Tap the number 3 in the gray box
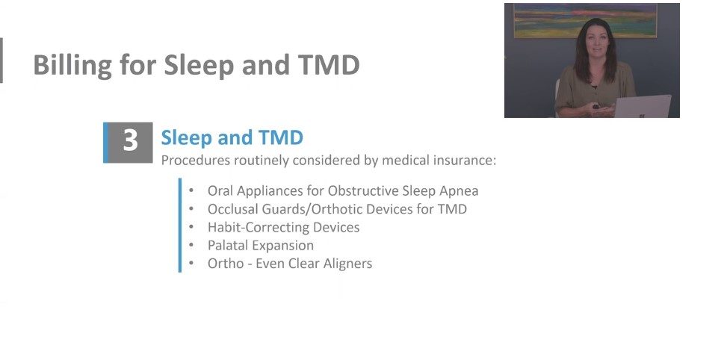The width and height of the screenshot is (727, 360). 130,141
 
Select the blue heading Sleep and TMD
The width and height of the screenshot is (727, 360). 232,137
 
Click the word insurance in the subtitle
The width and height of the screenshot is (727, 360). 459,160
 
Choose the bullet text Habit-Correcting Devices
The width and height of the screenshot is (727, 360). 283,227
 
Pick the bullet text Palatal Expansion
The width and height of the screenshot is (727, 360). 261,245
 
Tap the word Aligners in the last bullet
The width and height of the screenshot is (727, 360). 346,263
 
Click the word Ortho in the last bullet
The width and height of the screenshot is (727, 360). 223,263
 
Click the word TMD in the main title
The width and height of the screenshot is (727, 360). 329,66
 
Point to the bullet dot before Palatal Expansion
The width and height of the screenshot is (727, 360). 192,245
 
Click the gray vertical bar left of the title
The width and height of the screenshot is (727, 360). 1,60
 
